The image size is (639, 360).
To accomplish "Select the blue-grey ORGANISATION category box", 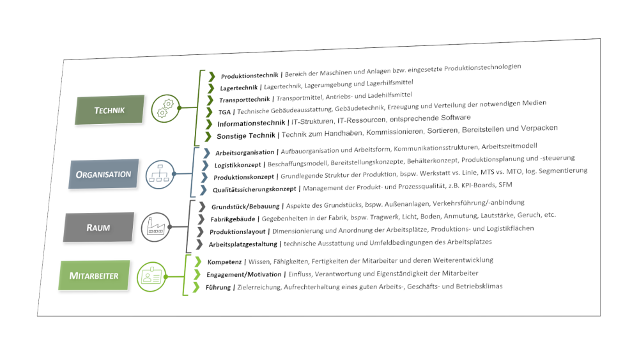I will click(x=103, y=174).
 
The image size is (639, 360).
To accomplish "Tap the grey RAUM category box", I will click(x=99, y=226).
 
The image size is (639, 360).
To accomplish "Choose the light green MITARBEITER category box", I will click(x=94, y=276).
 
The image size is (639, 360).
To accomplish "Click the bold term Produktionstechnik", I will click(x=249, y=76).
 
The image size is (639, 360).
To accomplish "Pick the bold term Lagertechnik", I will click(x=240, y=88).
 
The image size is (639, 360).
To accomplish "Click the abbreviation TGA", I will click(x=224, y=112).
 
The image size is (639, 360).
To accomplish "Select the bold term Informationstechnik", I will click(x=251, y=123).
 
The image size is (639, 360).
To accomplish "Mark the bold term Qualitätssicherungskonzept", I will click(x=256, y=189).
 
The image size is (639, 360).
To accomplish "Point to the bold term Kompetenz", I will click(x=226, y=262).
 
